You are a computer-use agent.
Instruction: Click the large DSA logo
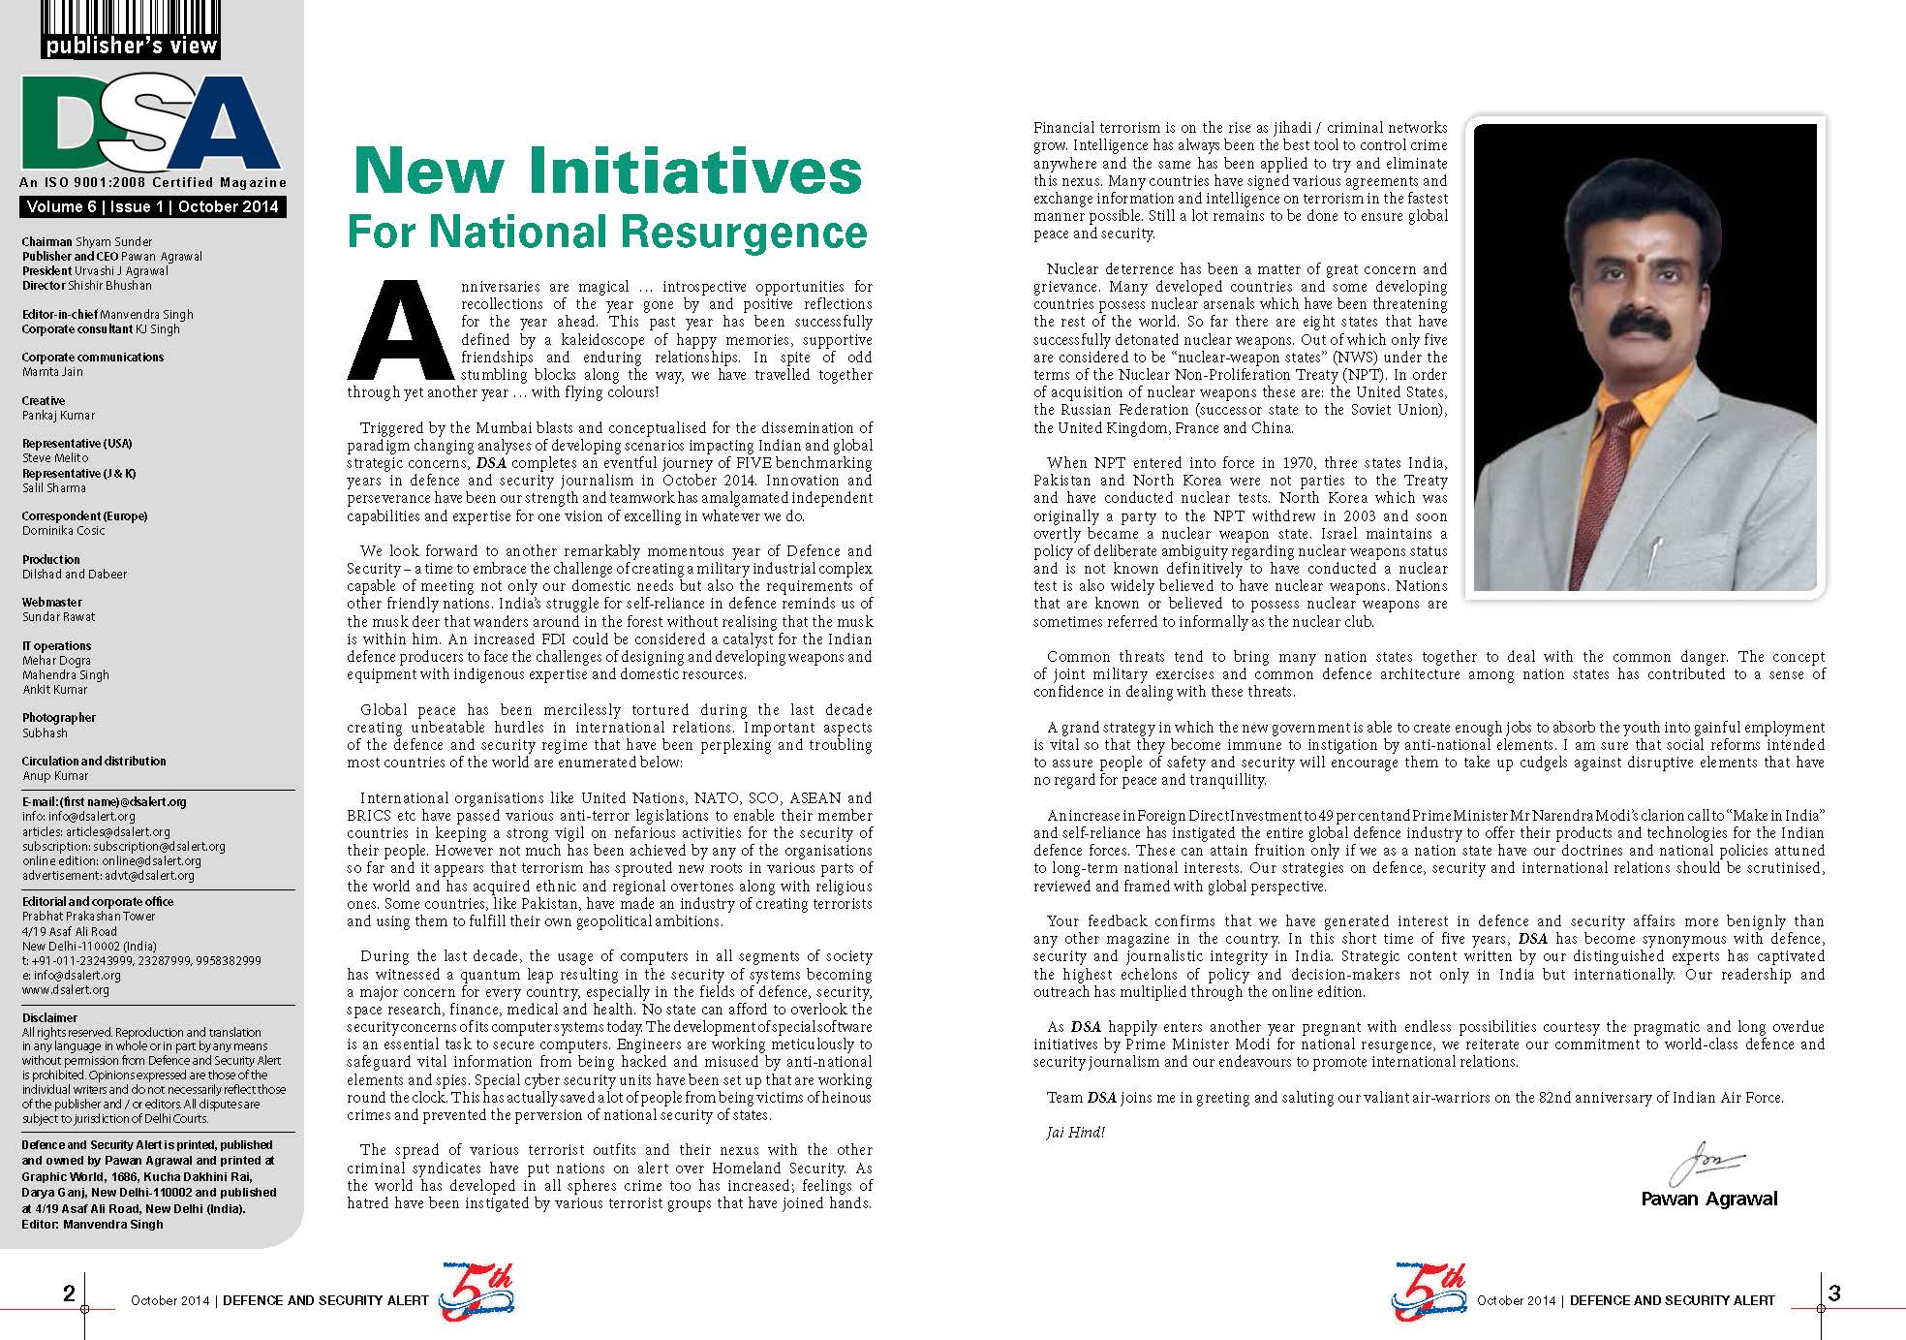tap(150, 124)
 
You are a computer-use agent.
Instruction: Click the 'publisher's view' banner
tap(131, 46)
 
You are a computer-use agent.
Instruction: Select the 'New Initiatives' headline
tap(607, 172)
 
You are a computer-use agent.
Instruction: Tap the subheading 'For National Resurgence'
tap(607, 232)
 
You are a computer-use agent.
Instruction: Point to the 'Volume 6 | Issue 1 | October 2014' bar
tap(152, 206)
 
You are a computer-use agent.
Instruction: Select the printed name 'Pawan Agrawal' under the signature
tap(1708, 1199)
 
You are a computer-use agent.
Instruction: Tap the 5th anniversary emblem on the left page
tap(476, 1293)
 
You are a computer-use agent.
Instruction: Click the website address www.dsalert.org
tap(66, 990)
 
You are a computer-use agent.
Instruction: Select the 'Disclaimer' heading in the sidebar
tap(49, 1017)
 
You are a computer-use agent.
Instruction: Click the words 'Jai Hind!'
tap(1075, 1132)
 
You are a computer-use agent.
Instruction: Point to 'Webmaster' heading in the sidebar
tap(52, 603)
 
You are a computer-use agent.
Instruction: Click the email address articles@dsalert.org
tap(96, 831)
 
